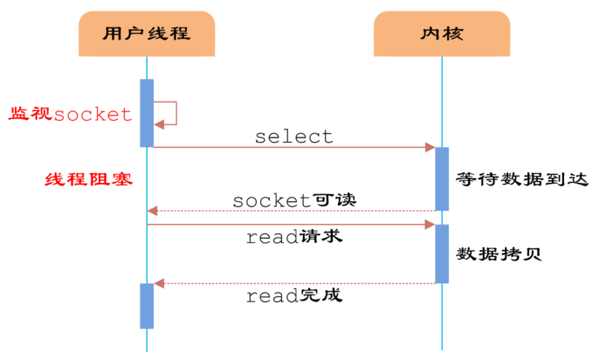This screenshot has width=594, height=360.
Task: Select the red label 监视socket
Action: click(70, 115)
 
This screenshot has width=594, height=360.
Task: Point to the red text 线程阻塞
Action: click(89, 180)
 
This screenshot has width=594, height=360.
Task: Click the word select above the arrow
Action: click(294, 137)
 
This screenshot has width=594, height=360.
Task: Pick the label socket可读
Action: click(294, 201)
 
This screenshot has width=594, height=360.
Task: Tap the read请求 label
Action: click(294, 238)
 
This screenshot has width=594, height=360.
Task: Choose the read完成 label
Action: click(294, 296)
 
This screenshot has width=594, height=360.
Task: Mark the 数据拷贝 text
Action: click(499, 254)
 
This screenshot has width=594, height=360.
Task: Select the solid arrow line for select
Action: click(293, 148)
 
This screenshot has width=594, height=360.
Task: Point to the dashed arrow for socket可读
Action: click(293, 211)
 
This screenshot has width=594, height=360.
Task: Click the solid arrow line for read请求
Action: click(293, 225)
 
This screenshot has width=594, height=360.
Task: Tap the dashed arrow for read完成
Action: click(293, 283)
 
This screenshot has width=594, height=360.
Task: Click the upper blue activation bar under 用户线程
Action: click(147, 113)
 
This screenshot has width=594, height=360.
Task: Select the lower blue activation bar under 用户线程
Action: click(147, 305)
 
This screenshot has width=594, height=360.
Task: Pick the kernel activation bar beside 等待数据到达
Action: click(442, 178)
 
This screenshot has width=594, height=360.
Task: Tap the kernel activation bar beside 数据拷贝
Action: click(442, 254)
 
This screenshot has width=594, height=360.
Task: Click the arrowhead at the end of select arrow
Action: click(430, 148)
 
